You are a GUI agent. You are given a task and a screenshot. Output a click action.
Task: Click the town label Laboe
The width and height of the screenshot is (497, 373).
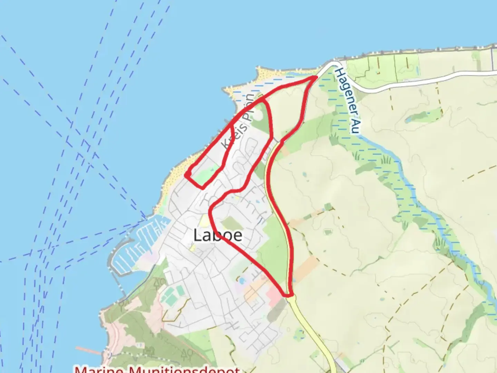click(x=218, y=236)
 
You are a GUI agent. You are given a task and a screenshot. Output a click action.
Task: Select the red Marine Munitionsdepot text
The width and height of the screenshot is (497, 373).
click(x=157, y=369)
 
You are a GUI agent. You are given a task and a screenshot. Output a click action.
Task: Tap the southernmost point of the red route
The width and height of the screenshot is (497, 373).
click(x=288, y=296)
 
